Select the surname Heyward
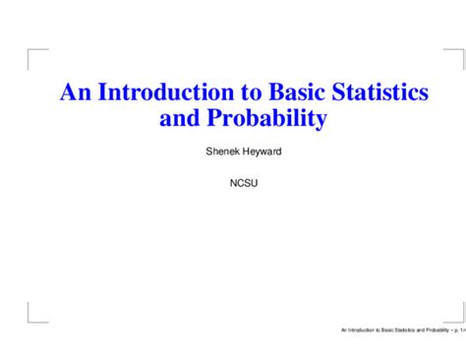pyautogui.click(x=255, y=153)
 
